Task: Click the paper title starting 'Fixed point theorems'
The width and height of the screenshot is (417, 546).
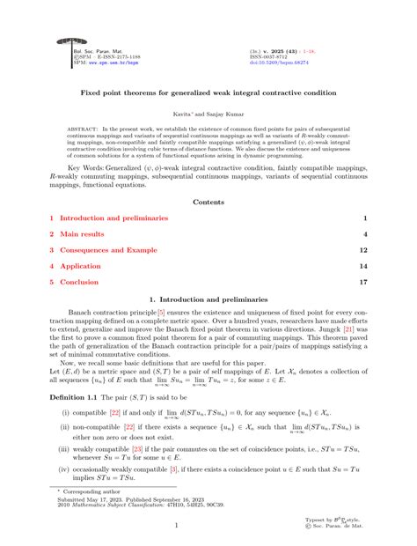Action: pyautogui.click(x=208, y=92)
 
